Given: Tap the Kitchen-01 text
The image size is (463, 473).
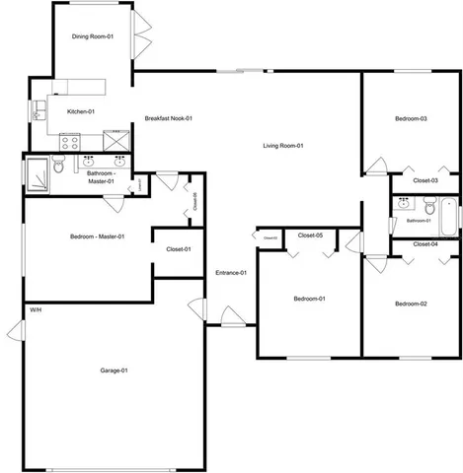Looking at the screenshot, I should (x=80, y=111).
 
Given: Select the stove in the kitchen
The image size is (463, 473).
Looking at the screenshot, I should (x=70, y=141).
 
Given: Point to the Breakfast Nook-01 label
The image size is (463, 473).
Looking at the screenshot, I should (x=168, y=119).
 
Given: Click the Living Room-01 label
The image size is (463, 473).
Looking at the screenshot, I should (x=283, y=147).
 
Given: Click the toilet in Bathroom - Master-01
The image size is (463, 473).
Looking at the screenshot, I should (x=59, y=168).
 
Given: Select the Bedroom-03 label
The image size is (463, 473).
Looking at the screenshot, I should (x=411, y=119).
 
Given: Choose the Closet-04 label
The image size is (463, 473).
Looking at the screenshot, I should (x=425, y=243).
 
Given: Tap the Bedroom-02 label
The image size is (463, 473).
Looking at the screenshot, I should (x=411, y=304).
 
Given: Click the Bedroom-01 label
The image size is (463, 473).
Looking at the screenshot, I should (x=309, y=299).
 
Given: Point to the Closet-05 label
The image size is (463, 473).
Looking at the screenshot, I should (x=311, y=235).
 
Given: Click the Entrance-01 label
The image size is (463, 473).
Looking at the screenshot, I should (x=230, y=272).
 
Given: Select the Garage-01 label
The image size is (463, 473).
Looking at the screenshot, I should (x=115, y=371).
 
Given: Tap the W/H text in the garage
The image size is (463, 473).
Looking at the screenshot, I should (x=35, y=310).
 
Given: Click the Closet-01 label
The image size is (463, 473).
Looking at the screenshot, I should (x=179, y=249).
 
